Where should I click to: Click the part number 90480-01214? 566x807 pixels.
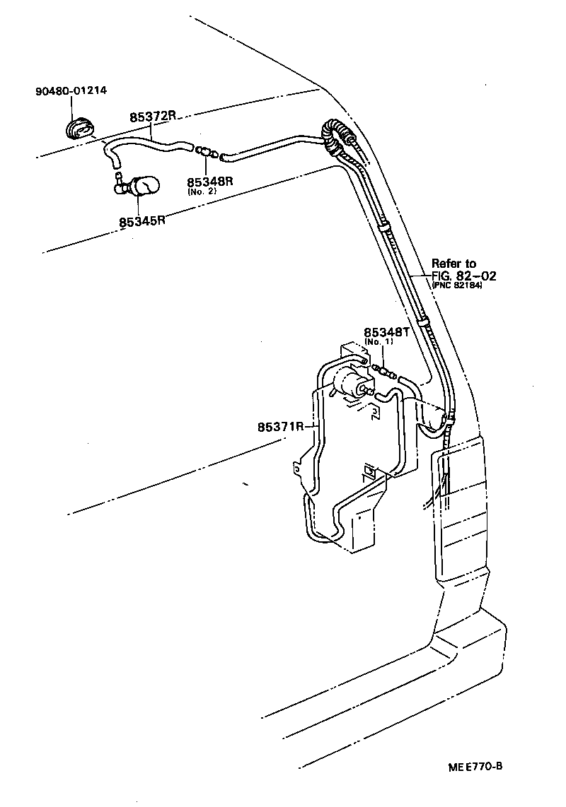pyautogui.click(x=71, y=92)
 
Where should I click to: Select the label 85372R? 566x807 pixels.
pyautogui.click(x=152, y=117)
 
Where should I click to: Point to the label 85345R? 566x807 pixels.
pyautogui.click(x=142, y=220)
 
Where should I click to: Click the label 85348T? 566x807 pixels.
pyautogui.click(x=386, y=332)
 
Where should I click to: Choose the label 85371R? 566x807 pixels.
pyautogui.click(x=281, y=426)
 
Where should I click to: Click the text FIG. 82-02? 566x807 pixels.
pyautogui.click(x=463, y=276)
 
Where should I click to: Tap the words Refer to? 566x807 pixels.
pyautogui.click(x=454, y=264)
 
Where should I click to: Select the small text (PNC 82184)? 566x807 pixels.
pyautogui.click(x=458, y=285)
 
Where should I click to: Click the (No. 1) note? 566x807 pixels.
pyautogui.click(x=379, y=342)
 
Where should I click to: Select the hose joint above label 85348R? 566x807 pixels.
pyautogui.click(x=207, y=151)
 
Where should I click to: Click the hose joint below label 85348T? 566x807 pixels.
pyautogui.click(x=386, y=370)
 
